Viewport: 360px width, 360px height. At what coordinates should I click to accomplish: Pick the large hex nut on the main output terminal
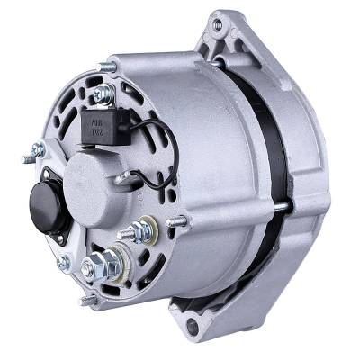94,266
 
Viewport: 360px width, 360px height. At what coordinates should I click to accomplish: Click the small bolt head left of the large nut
62,263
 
